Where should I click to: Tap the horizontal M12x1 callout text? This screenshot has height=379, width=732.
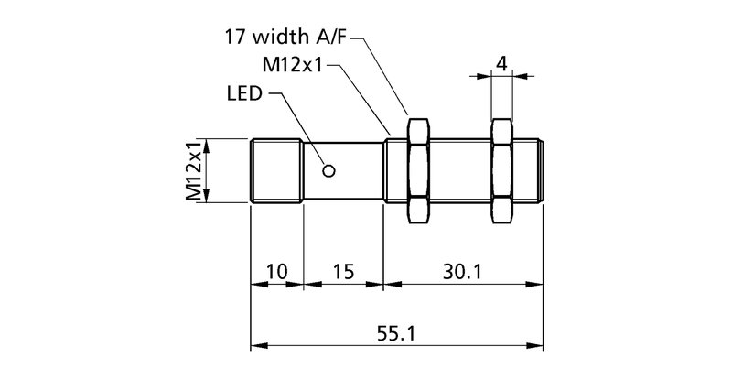click(x=295, y=66)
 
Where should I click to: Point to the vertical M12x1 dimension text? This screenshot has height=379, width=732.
click(x=193, y=170)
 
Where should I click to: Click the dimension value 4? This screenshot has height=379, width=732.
click(x=501, y=63)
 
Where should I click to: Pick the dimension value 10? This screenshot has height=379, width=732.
click(x=276, y=272)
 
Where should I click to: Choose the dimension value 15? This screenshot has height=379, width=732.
click(x=343, y=272)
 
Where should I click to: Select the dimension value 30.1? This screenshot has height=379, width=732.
click(x=463, y=272)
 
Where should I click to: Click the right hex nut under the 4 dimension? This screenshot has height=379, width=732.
click(x=501, y=170)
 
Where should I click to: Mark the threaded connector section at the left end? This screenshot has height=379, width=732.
click(x=276, y=170)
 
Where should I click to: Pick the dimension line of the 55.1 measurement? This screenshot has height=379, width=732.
click(x=320, y=346)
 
